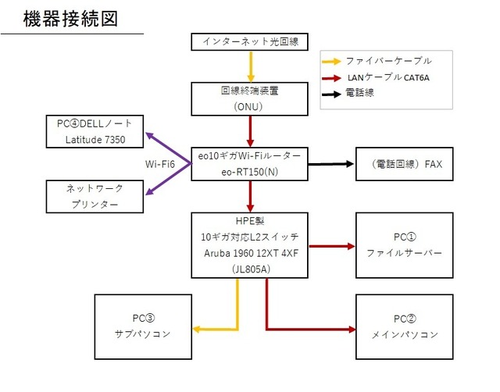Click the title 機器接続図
[70, 19]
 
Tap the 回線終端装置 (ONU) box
[250, 98]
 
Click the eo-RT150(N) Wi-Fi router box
[250, 163]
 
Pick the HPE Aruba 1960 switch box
[250, 244]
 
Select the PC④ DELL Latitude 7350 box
[95, 132]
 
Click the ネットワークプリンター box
[95, 196]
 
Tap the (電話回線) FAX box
[403, 164]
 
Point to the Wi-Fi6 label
[160, 164]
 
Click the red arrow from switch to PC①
[328, 244]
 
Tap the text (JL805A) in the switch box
[250, 267]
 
